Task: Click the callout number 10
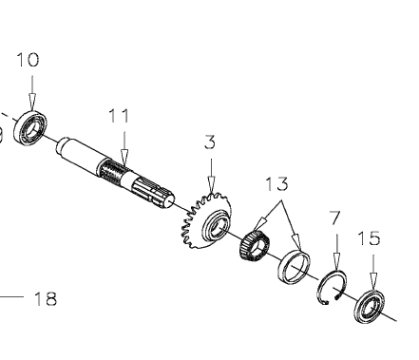coord(28,60)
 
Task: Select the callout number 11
coord(119,116)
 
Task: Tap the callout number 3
coord(210,142)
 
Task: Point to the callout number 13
coord(276,184)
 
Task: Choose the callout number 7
coord(335,218)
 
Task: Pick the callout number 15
coord(369,238)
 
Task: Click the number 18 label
coord(46,298)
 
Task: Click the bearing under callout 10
coord(30,127)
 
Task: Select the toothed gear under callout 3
coord(206,220)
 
